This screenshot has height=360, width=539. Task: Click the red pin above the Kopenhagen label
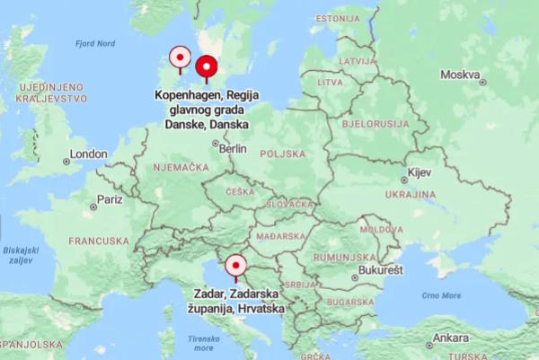[x=208, y=67]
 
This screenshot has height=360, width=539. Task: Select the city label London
[x=88, y=154]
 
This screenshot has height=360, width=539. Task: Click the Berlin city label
[x=232, y=148]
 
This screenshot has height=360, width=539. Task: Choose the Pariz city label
[x=110, y=199]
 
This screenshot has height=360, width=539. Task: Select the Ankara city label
[x=450, y=338]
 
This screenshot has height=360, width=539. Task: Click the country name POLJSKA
[x=283, y=154]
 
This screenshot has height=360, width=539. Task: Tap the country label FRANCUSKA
[x=99, y=241]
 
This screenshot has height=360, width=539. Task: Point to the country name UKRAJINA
[x=411, y=194]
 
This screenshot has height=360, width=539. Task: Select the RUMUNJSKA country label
[x=344, y=258]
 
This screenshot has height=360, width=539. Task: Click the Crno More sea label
[x=440, y=295]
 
